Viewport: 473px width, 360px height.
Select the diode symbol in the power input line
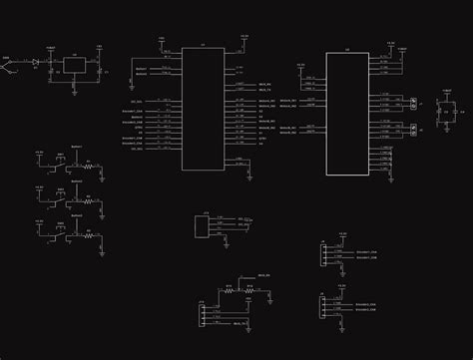[36, 63]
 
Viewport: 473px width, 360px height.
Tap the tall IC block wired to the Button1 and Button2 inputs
[203, 100]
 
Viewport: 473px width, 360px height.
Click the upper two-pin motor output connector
[411, 103]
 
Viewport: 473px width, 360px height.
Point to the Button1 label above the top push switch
[61, 148]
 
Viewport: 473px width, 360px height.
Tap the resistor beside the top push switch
[87, 167]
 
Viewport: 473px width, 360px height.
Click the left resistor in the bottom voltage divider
[228, 291]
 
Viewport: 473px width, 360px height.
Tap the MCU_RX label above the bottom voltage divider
[265, 275]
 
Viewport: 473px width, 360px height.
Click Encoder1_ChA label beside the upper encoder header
[365, 252]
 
